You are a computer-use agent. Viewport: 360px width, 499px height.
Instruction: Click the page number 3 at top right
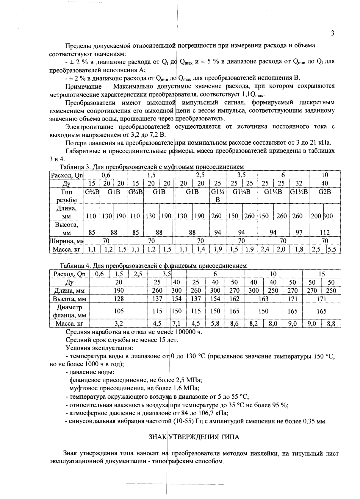pos(333,33)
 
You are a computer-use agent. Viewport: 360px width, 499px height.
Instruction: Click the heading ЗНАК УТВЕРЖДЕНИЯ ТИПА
pos(194,437)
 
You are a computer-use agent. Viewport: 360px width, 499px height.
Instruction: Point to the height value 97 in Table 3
pos(298,232)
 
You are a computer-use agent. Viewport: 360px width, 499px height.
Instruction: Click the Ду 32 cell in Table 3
pos(298,183)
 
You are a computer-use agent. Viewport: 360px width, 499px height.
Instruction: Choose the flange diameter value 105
pos(119,311)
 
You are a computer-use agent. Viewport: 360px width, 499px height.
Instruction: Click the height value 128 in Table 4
pos(119,299)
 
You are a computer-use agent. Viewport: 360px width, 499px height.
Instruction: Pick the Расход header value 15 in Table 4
pos(322,274)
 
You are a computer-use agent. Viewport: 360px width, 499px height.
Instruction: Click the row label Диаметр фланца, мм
pos(70,311)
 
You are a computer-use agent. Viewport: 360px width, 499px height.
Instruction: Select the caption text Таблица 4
pos(74,266)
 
